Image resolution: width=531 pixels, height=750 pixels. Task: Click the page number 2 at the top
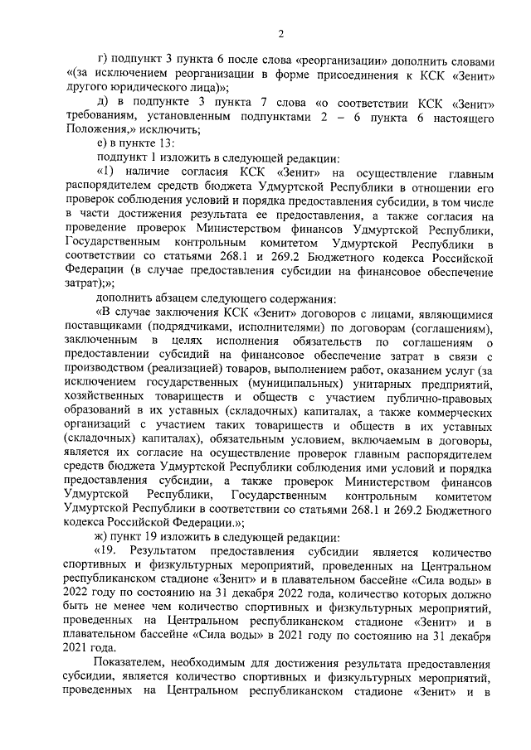280,33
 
